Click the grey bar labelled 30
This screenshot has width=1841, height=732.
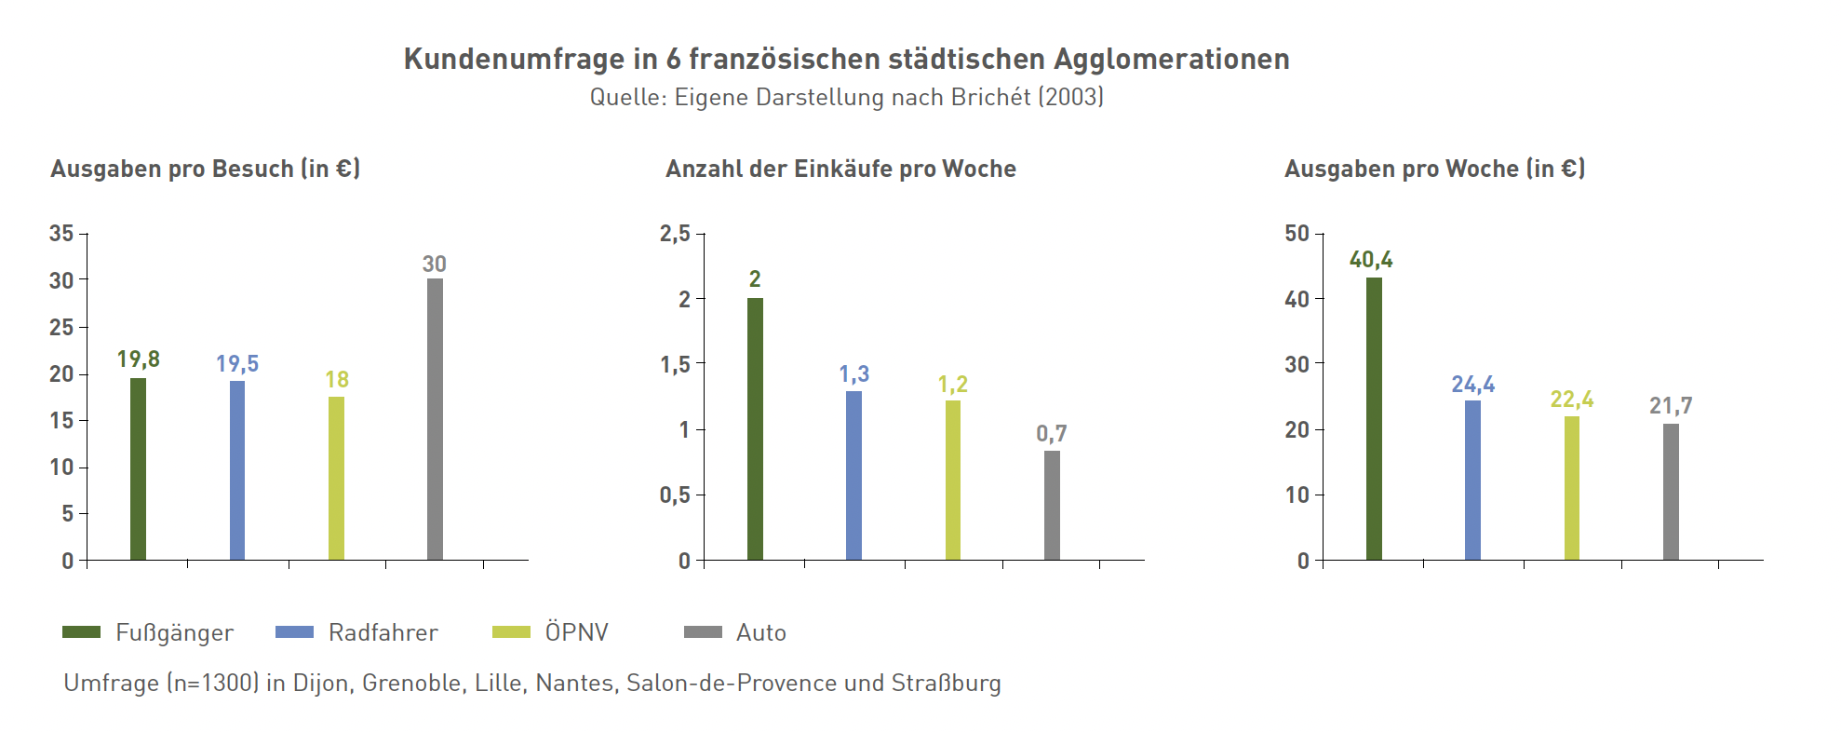click(x=435, y=419)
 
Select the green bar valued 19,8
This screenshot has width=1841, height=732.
click(x=138, y=468)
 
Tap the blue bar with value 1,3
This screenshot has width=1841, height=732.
click(x=853, y=475)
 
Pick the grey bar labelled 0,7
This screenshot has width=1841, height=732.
click(x=1052, y=505)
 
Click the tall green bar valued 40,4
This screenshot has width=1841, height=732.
click(x=1374, y=419)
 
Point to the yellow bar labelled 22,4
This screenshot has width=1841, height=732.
click(x=1572, y=488)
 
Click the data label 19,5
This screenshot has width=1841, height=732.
click(x=237, y=364)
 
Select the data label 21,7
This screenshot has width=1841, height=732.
click(x=1671, y=406)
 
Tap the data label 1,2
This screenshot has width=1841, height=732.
click(x=952, y=385)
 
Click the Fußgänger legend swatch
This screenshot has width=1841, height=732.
click(x=81, y=632)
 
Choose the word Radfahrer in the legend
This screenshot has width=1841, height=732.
click(x=383, y=633)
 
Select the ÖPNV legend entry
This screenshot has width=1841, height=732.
click(x=576, y=633)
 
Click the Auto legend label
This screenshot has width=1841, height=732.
click(x=760, y=633)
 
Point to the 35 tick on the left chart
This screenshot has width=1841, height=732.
click(x=61, y=234)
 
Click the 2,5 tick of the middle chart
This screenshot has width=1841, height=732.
click(x=675, y=234)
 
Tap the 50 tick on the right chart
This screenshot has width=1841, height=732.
click(x=1297, y=234)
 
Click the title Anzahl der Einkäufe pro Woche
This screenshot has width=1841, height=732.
click(x=840, y=169)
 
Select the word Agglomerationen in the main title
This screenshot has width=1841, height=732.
click(x=1171, y=60)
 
